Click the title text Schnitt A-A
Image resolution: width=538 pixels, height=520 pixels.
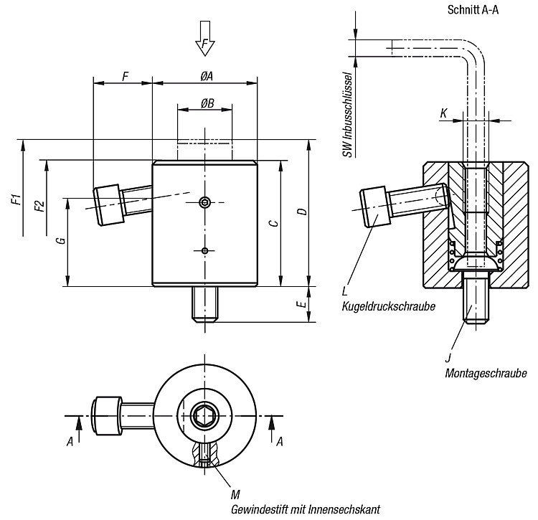473,10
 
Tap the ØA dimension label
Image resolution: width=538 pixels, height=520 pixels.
207,76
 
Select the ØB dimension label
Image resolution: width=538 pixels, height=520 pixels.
207,103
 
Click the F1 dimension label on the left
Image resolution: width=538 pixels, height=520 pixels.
16,199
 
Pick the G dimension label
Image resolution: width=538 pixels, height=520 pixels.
62,240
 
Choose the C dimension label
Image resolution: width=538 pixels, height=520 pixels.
273,223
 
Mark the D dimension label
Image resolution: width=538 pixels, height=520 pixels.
303,212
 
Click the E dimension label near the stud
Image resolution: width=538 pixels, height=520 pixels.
302,304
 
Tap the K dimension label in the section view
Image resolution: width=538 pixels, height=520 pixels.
443,113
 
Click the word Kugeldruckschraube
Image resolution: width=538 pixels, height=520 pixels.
388,306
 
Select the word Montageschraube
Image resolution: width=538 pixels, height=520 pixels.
486,373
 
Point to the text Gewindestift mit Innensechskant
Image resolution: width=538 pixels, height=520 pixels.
306,509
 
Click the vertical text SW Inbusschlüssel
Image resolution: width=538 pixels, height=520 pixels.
348,115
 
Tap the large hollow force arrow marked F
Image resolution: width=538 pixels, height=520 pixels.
205,38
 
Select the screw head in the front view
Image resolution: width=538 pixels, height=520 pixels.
108,205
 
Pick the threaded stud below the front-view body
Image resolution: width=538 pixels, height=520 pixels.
205,305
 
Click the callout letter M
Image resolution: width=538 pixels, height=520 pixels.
235,495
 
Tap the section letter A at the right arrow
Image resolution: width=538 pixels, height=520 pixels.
280,442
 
